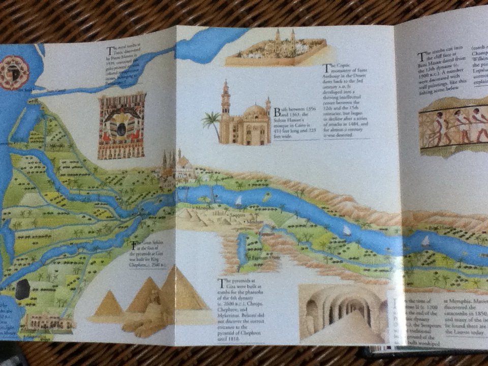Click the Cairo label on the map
(184, 188)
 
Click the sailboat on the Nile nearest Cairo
(238, 200)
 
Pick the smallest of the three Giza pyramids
(108, 305)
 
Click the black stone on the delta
(23, 289)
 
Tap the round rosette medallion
(14, 72)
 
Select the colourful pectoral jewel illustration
(121, 125)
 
